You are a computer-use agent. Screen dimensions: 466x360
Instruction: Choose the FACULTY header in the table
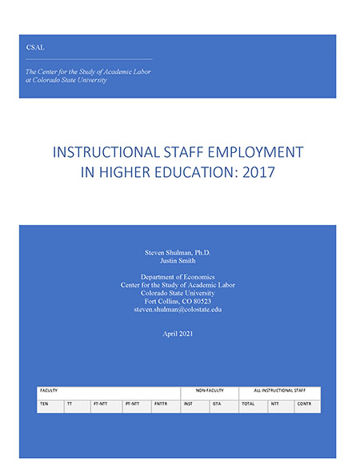[50, 391]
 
